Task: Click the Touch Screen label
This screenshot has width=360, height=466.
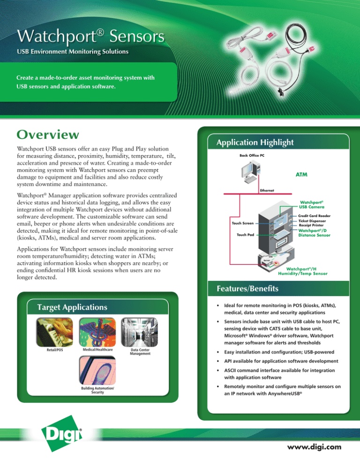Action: (243, 223)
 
